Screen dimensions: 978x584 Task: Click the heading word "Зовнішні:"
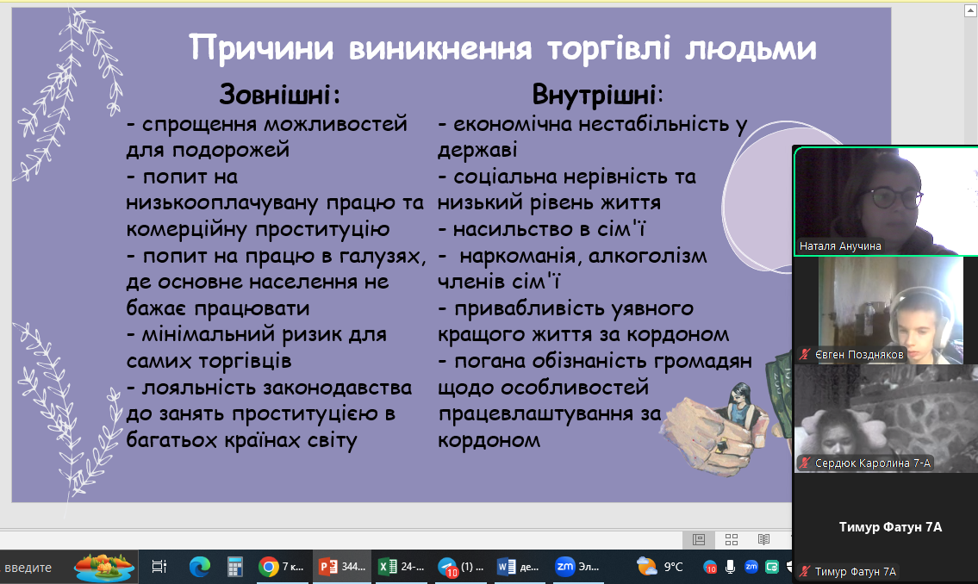(280, 95)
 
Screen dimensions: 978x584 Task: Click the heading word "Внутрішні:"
(597, 96)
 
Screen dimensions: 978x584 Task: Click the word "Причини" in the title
(261, 48)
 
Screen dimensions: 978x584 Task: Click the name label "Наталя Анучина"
(840, 246)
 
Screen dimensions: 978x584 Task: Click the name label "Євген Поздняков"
(859, 355)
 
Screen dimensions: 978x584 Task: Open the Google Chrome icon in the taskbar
(269, 567)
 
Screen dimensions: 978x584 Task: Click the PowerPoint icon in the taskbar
(328, 567)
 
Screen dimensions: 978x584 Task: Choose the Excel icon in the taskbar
(388, 567)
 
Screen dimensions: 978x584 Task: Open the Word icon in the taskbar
(506, 567)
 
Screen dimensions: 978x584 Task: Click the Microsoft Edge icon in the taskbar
(200, 567)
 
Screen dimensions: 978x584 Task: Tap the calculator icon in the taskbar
(234, 567)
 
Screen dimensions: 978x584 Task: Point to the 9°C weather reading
(674, 567)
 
